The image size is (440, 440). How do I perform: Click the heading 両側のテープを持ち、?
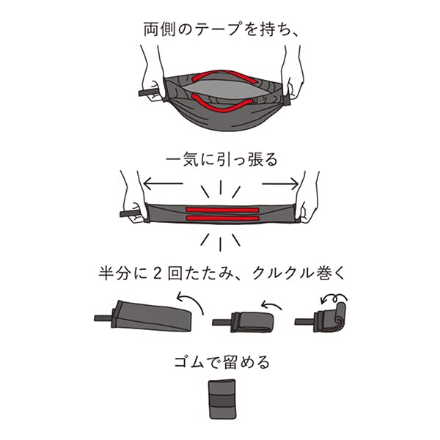(x=220, y=30)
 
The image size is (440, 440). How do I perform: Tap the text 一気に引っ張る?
(x=220, y=158)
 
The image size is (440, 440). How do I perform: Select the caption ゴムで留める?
(x=220, y=362)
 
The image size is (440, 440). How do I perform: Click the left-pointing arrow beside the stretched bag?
(x=164, y=183)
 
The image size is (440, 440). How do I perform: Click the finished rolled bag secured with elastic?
(x=221, y=399)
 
